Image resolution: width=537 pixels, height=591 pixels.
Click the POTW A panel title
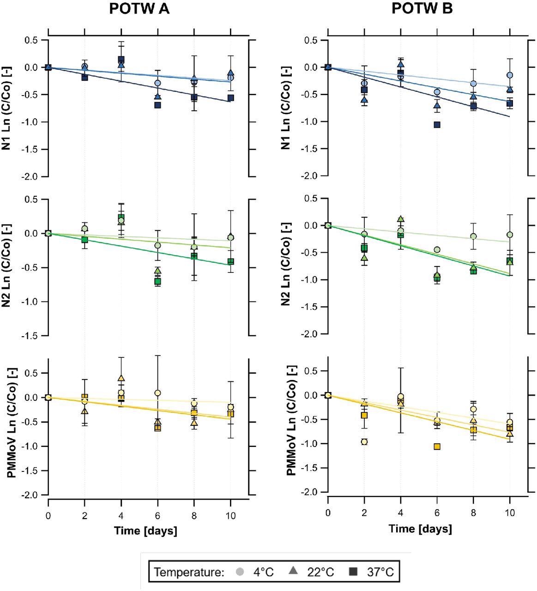[x=139, y=9]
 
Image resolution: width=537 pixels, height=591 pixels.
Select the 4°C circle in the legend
[x=239, y=572]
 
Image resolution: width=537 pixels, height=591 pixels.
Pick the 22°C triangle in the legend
[x=293, y=572]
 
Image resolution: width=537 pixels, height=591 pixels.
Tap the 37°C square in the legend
[x=353, y=572]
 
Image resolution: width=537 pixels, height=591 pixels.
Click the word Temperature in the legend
[x=188, y=573]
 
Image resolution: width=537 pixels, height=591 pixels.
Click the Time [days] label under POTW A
[x=145, y=531]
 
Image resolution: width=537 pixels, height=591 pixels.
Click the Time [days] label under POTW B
[x=420, y=529]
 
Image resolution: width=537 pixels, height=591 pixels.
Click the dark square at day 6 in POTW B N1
[x=437, y=125]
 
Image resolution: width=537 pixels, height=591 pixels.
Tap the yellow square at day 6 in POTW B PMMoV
[x=437, y=446]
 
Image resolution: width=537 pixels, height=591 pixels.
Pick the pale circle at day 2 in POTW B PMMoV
[x=364, y=442]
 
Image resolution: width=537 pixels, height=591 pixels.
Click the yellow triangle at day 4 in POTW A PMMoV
[x=121, y=379]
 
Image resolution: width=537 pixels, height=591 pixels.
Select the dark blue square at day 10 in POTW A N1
[x=230, y=98]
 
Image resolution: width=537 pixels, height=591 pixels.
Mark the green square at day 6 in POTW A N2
[x=157, y=281]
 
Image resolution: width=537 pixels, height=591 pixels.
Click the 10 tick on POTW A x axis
[x=230, y=516]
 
